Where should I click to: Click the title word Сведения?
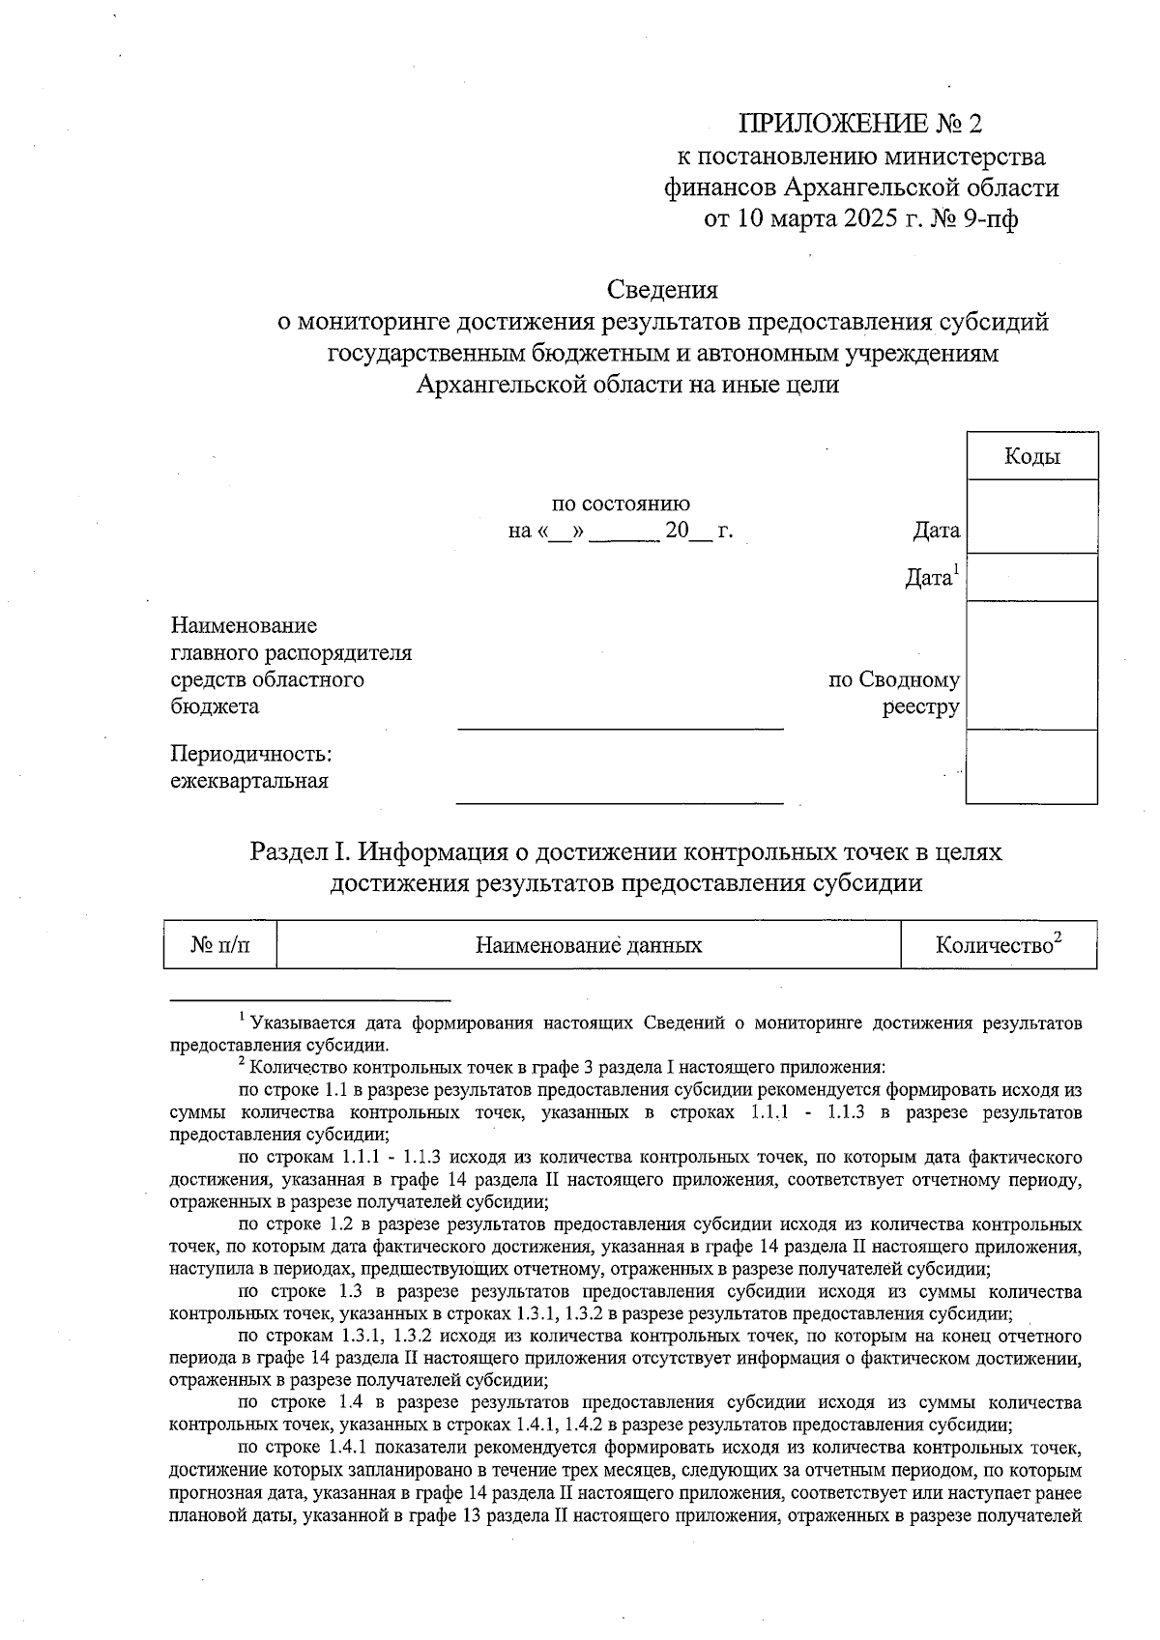pyautogui.click(x=662, y=289)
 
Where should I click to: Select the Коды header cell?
pyautogui.click(x=1031, y=456)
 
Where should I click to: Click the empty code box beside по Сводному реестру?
pyautogui.click(x=1031, y=665)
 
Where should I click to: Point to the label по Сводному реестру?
pyautogui.click(x=894, y=693)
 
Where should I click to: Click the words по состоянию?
pyautogui.click(x=621, y=504)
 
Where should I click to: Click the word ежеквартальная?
pyautogui.click(x=249, y=781)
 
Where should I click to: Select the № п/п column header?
pyautogui.click(x=220, y=944)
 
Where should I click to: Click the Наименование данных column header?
pyautogui.click(x=589, y=944)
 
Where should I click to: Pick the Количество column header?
pyautogui.click(x=999, y=944)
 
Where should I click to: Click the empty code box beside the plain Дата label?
pyautogui.click(x=1031, y=516)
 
